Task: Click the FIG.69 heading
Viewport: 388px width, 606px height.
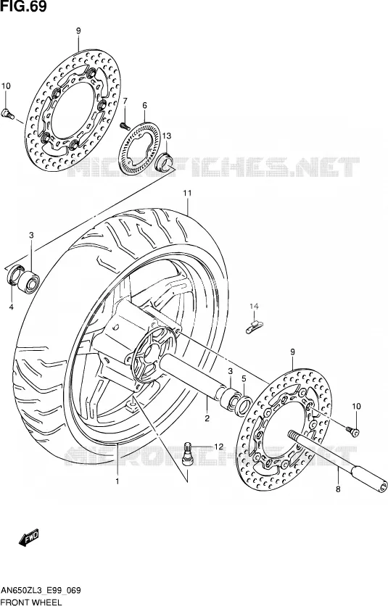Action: [x=23, y=7]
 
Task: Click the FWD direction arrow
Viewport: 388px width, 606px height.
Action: [x=28, y=538]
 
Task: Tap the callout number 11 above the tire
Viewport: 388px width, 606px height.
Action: [x=188, y=193]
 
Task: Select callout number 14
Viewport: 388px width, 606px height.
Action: [x=254, y=307]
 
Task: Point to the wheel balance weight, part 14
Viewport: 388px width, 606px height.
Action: [x=254, y=325]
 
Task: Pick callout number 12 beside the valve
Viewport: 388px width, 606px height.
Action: [x=218, y=447]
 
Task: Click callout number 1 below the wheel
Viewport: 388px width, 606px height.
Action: [x=117, y=481]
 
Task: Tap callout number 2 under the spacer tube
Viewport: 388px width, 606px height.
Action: [x=207, y=418]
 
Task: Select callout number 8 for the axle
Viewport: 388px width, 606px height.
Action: [x=338, y=489]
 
